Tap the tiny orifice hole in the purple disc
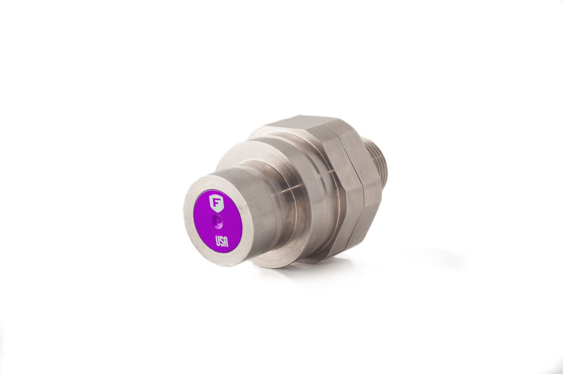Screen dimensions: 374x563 point(217,221)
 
